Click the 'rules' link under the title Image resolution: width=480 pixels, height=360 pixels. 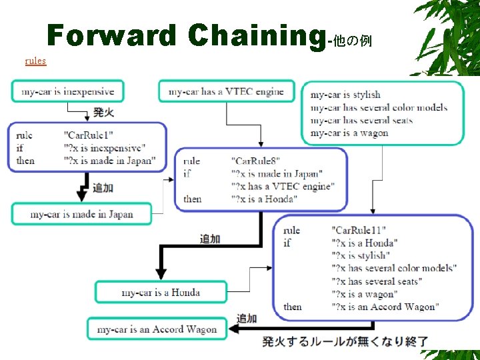35,61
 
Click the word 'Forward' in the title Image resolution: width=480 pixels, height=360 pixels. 112,36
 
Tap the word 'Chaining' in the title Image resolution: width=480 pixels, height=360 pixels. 256,36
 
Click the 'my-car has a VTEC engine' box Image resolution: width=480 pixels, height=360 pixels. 226,91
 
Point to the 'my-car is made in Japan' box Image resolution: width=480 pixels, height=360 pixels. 81,214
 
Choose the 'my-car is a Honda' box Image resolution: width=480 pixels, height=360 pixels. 161,292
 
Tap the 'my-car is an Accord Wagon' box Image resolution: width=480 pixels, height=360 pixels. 157,329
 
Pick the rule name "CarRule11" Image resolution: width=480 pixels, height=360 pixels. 358,230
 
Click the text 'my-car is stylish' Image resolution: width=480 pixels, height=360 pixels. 345,95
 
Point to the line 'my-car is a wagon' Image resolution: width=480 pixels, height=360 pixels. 349,133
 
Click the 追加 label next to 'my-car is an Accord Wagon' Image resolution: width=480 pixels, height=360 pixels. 247,319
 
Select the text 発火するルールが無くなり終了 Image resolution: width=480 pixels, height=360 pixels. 345,342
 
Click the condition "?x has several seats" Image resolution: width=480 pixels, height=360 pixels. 376,281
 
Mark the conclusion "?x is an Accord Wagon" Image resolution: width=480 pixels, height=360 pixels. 385,307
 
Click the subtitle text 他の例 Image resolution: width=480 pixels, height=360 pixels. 351,41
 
